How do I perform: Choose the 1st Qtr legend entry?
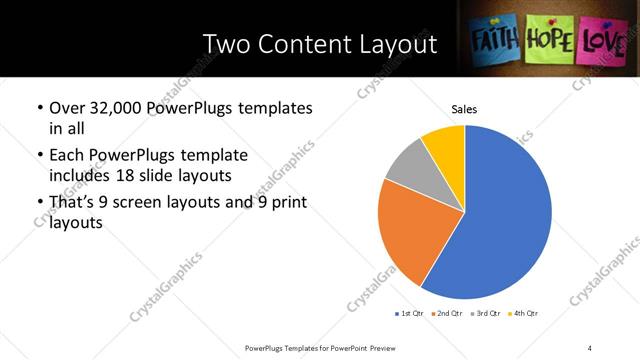coord(411,313)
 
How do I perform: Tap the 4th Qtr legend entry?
coord(524,313)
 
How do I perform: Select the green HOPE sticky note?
coord(549,39)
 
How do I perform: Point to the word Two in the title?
coord(225,44)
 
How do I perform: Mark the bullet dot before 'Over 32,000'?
coord(39,108)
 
